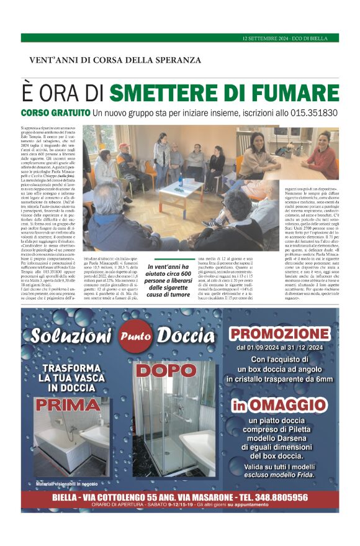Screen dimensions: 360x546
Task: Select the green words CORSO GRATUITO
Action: click(x=73, y=114)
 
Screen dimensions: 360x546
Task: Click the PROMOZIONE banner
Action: click(x=279, y=333)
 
